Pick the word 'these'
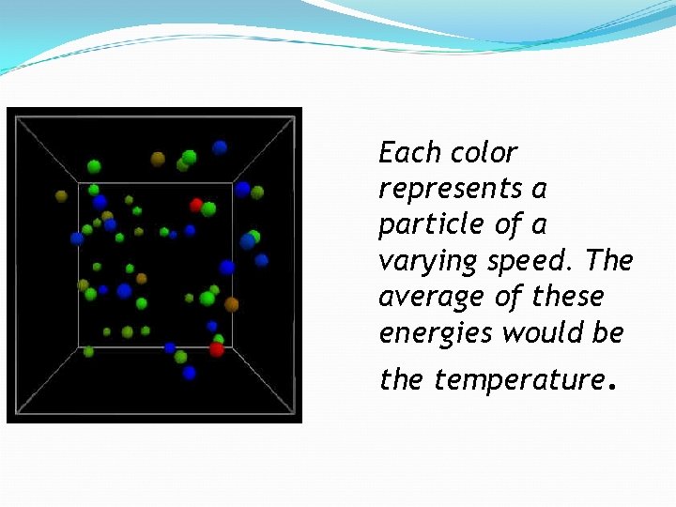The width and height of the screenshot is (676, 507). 568,297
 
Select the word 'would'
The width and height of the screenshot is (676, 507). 534,332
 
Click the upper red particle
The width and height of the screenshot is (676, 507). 196,205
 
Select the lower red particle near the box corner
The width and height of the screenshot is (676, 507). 217,349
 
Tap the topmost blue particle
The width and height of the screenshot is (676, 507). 220,147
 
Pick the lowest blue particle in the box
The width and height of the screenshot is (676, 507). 190,373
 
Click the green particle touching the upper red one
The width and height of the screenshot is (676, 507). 208,208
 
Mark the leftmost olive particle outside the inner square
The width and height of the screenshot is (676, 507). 62,196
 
